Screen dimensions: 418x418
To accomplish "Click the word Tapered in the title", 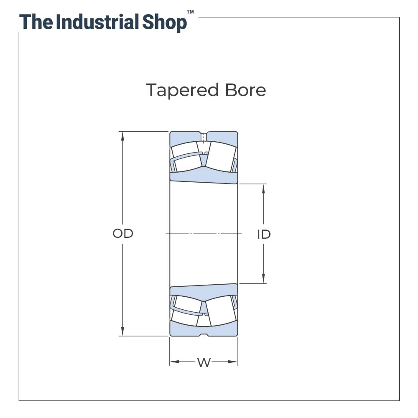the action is coord(182,91).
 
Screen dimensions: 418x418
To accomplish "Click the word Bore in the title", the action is coord(245,90).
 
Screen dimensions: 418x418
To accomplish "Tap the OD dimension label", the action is coord(123,234).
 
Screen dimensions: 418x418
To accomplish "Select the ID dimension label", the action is coord(264,234).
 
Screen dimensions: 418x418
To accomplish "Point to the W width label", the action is coord(204,362).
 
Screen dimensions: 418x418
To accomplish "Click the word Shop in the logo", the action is coord(164,23).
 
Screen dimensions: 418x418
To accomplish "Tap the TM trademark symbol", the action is coord(190,12).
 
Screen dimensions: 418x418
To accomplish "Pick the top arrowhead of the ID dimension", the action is coord(263,189).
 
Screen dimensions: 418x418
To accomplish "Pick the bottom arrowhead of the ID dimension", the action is coord(263,278).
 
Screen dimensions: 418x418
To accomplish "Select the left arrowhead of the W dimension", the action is coord(175,362).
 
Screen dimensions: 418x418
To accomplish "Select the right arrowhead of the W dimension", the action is coord(233,362).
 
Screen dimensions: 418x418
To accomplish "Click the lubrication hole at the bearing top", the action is coord(204,137).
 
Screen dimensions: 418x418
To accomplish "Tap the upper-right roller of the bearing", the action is coord(221,157).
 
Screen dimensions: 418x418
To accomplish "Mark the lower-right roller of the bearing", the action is coord(221,311).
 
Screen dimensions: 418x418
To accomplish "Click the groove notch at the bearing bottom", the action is coord(204,334).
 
